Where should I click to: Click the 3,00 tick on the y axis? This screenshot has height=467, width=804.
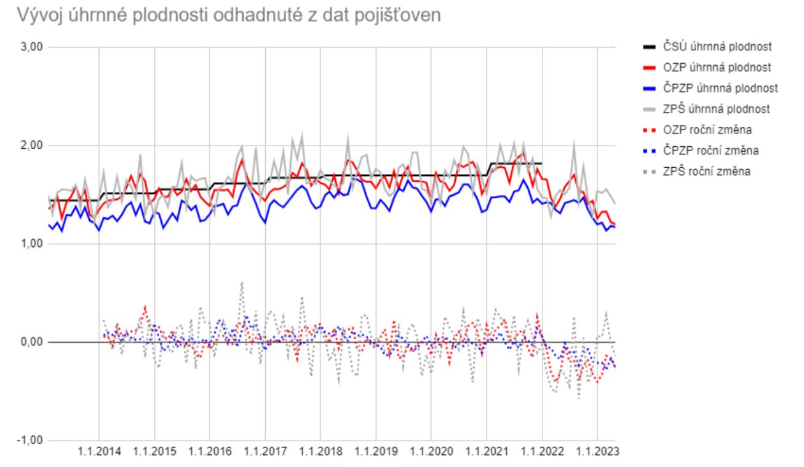25,47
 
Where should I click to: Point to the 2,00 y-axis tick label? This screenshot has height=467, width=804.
25,146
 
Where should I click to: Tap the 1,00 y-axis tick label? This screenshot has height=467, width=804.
25,244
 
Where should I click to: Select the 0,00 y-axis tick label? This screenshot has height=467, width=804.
25,342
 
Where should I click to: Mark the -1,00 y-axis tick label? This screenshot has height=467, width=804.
24,441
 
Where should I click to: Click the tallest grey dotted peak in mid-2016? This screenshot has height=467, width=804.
242,283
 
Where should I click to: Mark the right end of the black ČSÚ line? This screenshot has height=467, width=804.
542,163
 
